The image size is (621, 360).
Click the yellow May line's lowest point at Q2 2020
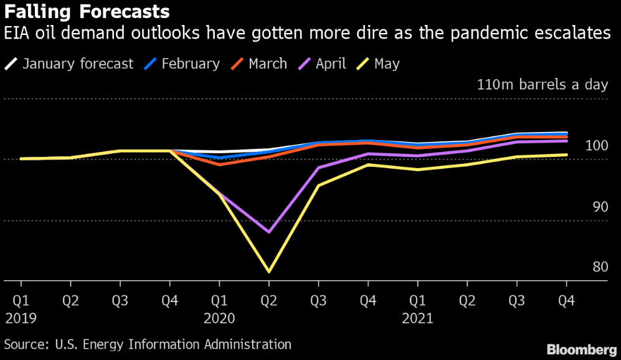(x=268, y=272)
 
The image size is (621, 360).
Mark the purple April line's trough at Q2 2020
(x=268, y=232)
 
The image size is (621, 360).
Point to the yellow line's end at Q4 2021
(x=566, y=154)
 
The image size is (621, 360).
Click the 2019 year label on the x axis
(x=21, y=318)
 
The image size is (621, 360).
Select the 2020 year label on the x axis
(x=219, y=318)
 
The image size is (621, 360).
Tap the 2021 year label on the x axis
(x=417, y=318)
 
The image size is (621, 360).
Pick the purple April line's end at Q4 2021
(x=566, y=141)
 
